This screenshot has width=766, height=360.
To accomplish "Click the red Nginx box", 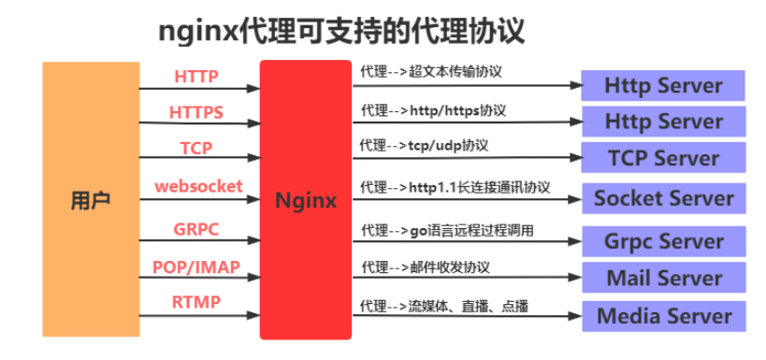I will (x=306, y=199).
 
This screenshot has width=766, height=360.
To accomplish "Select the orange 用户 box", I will (x=90, y=199).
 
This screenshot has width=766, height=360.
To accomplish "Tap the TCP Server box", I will (x=663, y=158).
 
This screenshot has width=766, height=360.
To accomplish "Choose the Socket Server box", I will (x=663, y=198).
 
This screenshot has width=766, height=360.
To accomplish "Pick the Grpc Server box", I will (x=663, y=241).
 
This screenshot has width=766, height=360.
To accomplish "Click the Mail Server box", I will (x=663, y=278).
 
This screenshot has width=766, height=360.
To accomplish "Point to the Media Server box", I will (x=663, y=315).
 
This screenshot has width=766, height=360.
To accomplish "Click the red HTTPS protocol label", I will (x=196, y=112).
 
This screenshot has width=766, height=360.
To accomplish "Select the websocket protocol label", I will (x=198, y=185).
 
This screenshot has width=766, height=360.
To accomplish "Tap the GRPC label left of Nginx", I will (x=196, y=229).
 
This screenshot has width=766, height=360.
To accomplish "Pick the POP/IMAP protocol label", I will (x=196, y=266).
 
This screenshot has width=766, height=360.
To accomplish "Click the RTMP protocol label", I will (x=196, y=301).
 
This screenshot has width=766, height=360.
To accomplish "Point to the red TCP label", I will (x=196, y=148).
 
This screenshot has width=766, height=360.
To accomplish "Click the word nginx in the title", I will (x=198, y=32).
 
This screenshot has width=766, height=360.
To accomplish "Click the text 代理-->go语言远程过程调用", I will (x=447, y=229).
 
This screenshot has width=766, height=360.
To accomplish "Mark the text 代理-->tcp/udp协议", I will (x=425, y=146).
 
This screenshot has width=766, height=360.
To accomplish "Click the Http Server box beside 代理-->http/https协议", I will (x=663, y=122).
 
